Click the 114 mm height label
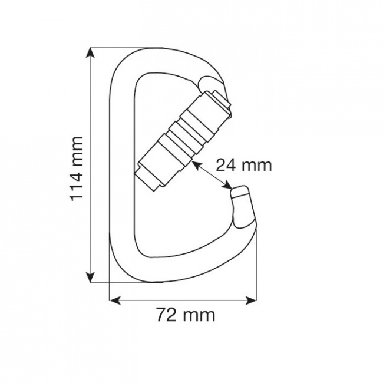(x=77, y=167)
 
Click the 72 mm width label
(x=186, y=315)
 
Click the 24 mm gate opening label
(x=243, y=165)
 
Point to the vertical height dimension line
(x=90, y=224)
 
